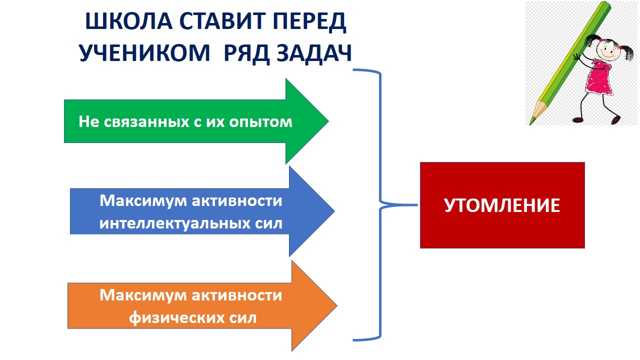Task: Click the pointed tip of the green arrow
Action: (327, 121)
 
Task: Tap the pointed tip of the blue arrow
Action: (333, 211)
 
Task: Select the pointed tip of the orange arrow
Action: (336, 305)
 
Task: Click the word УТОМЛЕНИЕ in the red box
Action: (502, 205)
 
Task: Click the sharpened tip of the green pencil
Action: (532, 121)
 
